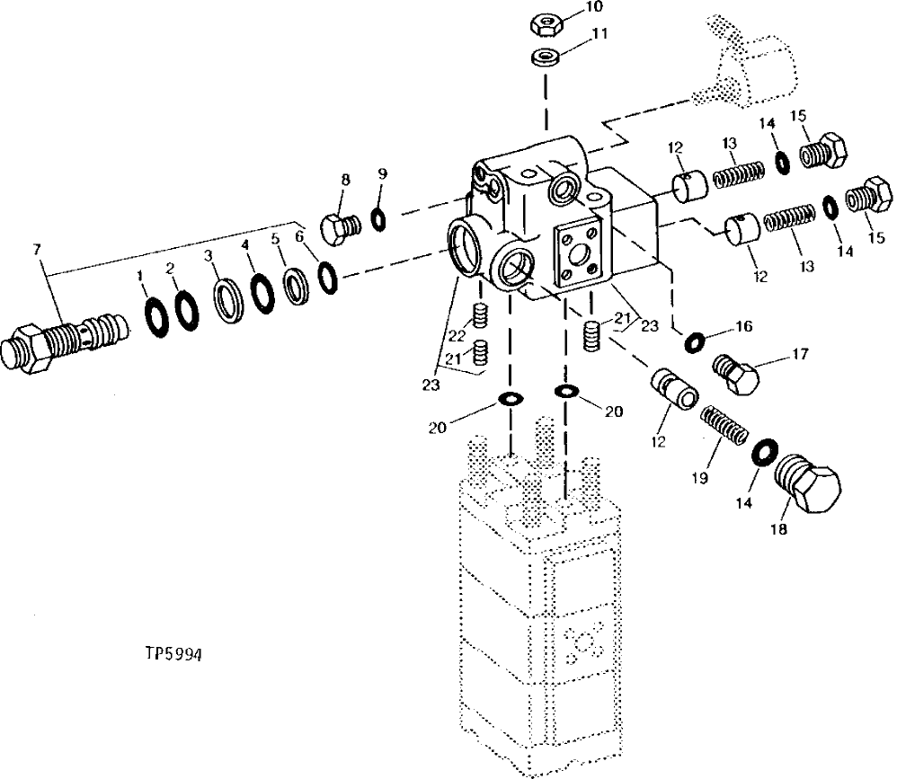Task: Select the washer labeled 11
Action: pyautogui.click(x=544, y=58)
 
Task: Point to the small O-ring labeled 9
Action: pyautogui.click(x=378, y=217)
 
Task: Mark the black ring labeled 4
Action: pyautogui.click(x=262, y=293)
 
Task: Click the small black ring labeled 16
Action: pyautogui.click(x=693, y=341)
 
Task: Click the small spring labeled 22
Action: pyautogui.click(x=483, y=316)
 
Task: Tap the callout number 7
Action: pyautogui.click(x=36, y=248)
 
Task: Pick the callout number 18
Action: pyautogui.click(x=777, y=530)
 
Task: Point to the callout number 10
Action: pyautogui.click(x=594, y=7)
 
